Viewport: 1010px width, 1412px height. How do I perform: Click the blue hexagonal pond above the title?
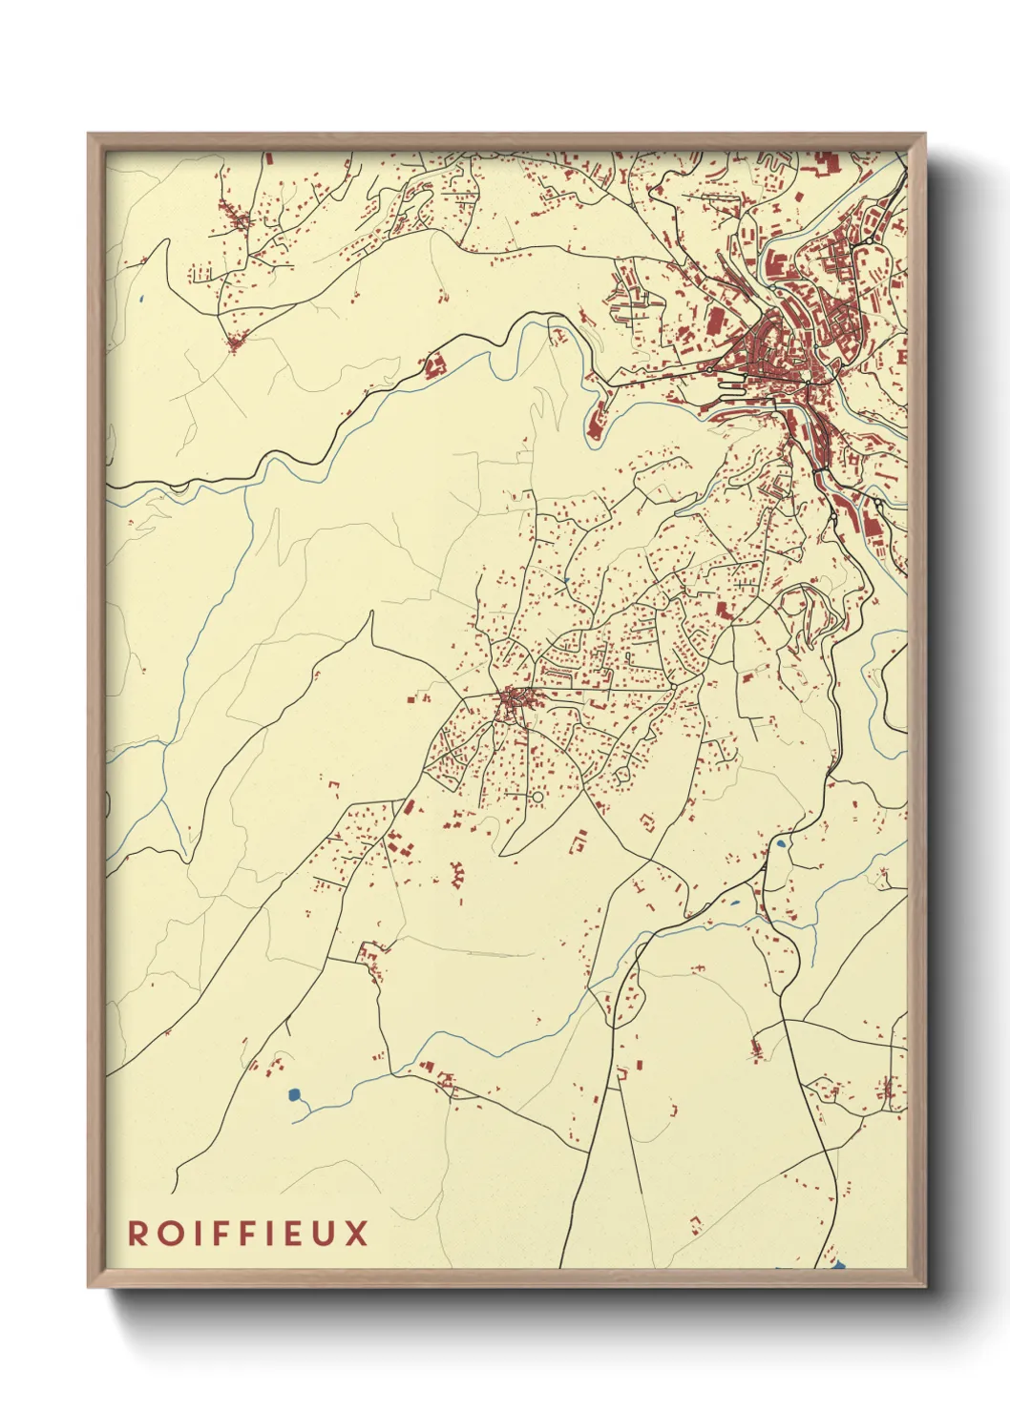tap(294, 1094)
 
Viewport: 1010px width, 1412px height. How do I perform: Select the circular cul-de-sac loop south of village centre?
tap(537, 797)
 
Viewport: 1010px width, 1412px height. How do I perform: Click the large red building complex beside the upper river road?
tap(435, 365)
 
